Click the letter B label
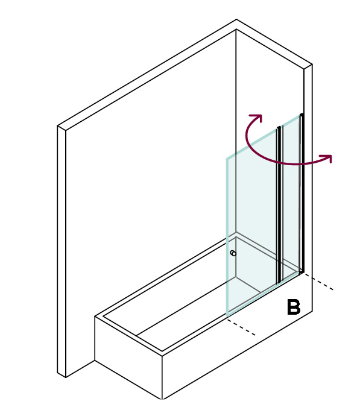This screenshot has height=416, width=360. tap(294, 307)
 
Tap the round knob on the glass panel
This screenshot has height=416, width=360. tap(233, 253)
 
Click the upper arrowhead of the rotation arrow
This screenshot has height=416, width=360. tap(257, 118)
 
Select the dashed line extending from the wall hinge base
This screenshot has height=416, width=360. tap(318, 282)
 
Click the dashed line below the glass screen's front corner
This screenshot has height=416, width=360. tap(241, 327)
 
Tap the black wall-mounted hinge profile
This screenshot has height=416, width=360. tap(302, 193)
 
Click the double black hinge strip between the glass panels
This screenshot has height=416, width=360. tap(280, 205)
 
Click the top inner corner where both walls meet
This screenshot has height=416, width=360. tap(236, 30)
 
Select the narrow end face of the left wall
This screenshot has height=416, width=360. tap(62, 251)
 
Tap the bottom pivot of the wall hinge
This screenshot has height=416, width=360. tap(302, 271)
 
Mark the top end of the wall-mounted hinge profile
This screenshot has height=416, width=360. tap(302, 115)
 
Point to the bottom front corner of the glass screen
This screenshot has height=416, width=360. tap(227, 316)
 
